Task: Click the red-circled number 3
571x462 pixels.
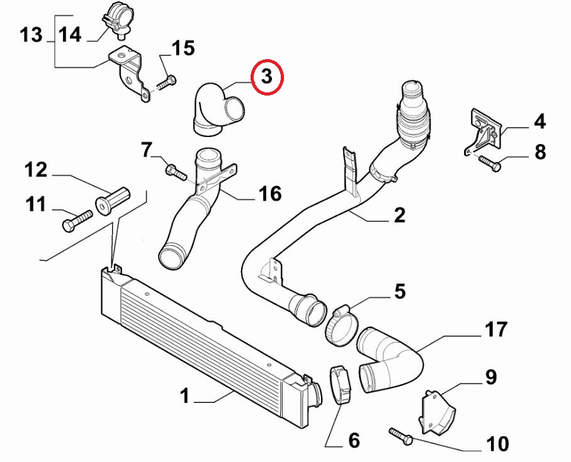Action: [x=267, y=77]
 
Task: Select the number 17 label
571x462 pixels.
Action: [x=495, y=328]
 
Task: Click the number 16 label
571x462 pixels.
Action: [x=271, y=194]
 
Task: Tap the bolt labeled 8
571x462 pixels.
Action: [x=489, y=164]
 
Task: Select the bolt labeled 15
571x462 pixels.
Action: [x=166, y=82]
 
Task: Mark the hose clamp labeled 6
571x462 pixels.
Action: [x=338, y=385]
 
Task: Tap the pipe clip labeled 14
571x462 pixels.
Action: [x=115, y=17]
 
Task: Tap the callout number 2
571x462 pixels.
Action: [x=399, y=216]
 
